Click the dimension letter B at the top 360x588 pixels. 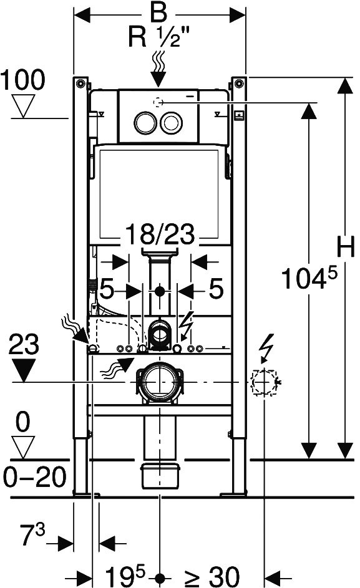[158, 12]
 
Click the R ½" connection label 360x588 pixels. [159, 37]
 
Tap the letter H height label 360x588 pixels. [346, 248]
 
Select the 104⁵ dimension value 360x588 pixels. [309, 278]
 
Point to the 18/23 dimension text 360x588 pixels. [160, 234]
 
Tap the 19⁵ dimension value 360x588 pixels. [124, 575]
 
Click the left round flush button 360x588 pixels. [145, 122]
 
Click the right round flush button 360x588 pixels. [172, 122]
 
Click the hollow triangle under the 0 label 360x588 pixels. [23, 447]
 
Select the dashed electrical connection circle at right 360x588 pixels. [265, 382]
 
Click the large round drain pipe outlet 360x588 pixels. [160, 382]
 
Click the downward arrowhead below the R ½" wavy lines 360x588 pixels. [159, 79]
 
